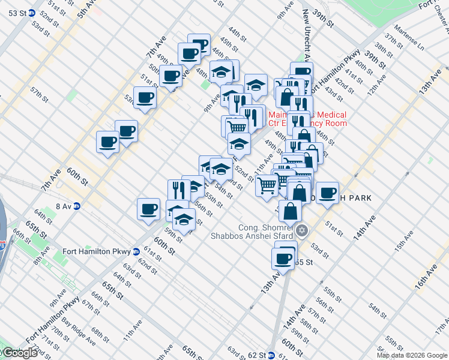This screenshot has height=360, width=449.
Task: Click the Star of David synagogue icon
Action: point(302,230)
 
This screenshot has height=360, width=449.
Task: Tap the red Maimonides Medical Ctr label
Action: point(307,119)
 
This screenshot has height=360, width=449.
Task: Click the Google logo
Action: point(19,353)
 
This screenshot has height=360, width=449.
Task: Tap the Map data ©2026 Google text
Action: point(412,355)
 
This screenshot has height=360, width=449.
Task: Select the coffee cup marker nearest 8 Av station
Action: point(148,209)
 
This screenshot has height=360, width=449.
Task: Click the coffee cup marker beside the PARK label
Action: point(327,193)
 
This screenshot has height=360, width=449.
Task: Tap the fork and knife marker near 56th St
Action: point(179,190)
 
